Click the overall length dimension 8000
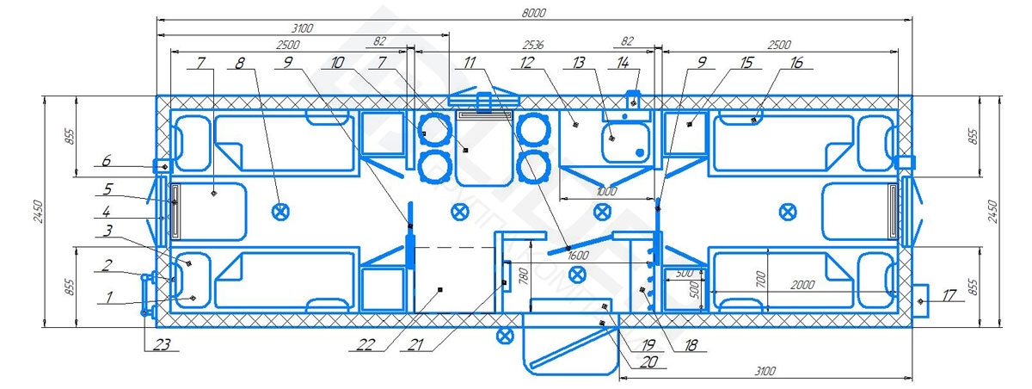click(x=533, y=13)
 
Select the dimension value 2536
click(x=533, y=45)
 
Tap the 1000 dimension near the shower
click(x=605, y=191)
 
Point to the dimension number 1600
click(x=578, y=256)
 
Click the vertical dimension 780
click(x=524, y=275)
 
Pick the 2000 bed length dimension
click(x=802, y=285)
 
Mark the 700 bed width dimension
click(x=760, y=278)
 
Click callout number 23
click(x=162, y=344)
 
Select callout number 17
click(x=949, y=295)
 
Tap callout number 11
click(x=470, y=62)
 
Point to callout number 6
click(x=107, y=160)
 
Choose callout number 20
click(x=648, y=361)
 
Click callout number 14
click(x=623, y=62)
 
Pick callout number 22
click(x=365, y=344)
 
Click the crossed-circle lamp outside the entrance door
click(x=505, y=336)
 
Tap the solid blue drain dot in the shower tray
click(x=640, y=152)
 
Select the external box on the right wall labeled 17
click(x=921, y=301)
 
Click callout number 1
click(x=108, y=297)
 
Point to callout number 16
click(x=796, y=62)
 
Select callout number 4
click(x=107, y=212)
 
